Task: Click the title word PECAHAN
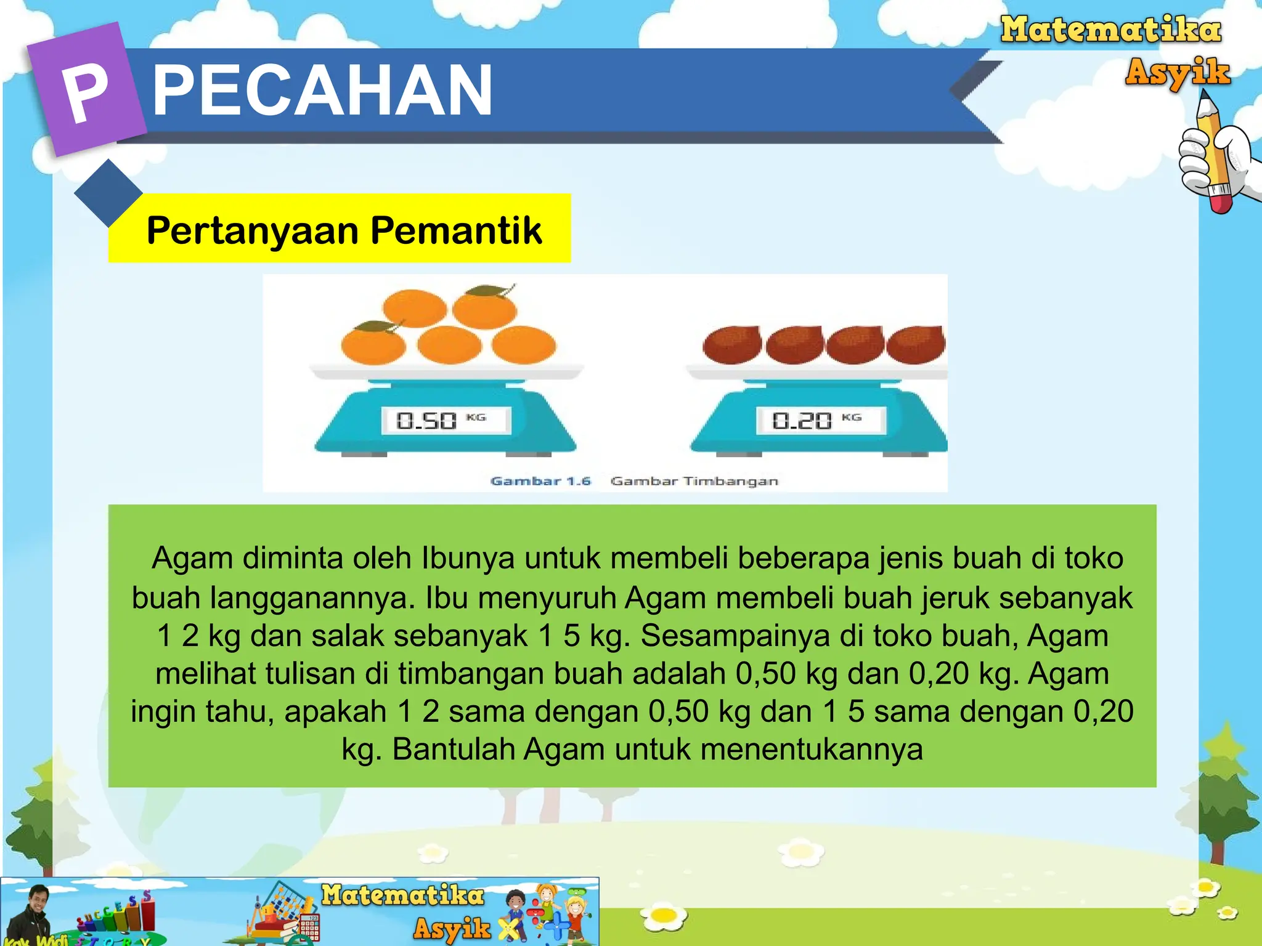click(x=322, y=91)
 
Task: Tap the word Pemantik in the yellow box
click(x=456, y=231)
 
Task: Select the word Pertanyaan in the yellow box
click(x=253, y=231)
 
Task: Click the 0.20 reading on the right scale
click(x=802, y=421)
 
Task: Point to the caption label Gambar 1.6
click(x=540, y=481)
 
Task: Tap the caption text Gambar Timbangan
click(x=694, y=481)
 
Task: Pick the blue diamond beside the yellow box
click(x=108, y=193)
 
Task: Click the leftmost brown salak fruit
click(x=732, y=346)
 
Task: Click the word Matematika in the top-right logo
click(x=1110, y=30)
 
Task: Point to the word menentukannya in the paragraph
click(x=812, y=750)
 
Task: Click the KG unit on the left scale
click(x=476, y=418)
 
